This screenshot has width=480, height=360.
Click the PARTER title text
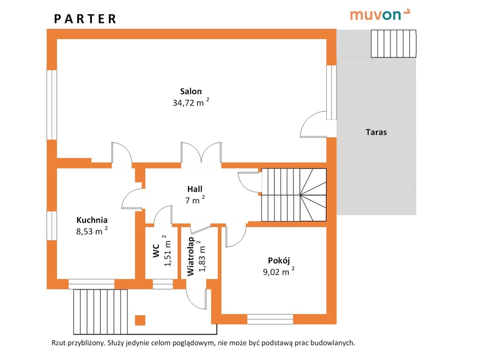click(x=85, y=19)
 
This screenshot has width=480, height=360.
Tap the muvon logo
click(x=380, y=15)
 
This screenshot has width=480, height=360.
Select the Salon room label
click(x=191, y=91)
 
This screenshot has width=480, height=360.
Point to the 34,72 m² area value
click(x=191, y=102)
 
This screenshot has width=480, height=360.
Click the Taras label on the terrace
click(x=376, y=132)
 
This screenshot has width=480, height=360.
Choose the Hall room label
click(x=195, y=189)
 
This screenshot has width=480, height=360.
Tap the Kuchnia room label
click(x=92, y=220)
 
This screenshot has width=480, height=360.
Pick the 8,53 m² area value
click(x=92, y=231)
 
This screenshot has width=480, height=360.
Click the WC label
click(x=156, y=250)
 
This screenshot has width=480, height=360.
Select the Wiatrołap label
click(x=190, y=256)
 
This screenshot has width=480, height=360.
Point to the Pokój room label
click(x=279, y=261)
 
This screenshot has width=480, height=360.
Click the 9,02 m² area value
click(x=279, y=271)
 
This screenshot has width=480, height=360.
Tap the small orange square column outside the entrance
click(x=140, y=320)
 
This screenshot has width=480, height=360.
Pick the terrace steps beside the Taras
click(x=394, y=44)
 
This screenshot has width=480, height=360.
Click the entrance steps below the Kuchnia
click(x=100, y=312)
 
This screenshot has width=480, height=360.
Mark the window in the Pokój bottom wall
click(x=270, y=319)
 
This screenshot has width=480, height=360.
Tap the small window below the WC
click(x=163, y=284)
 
